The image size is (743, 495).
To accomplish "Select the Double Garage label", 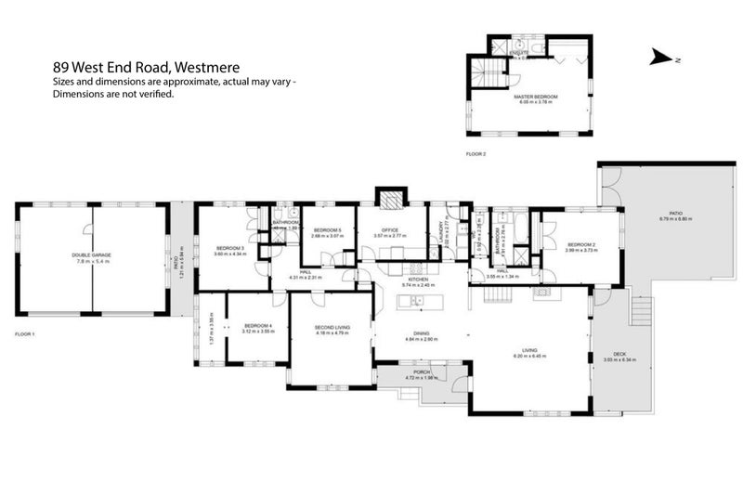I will tap(92, 254).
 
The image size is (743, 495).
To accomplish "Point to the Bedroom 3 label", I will tap(229, 248).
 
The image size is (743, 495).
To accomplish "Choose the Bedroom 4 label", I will tap(256, 325).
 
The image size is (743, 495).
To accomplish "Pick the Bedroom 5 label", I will tap(328, 230).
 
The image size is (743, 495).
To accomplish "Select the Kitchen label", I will tap(418, 279).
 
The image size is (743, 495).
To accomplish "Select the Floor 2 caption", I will tap(476, 153).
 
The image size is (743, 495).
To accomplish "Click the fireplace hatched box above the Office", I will tap(391, 198).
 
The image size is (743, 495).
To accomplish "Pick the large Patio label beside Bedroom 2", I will tap(663, 214).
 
